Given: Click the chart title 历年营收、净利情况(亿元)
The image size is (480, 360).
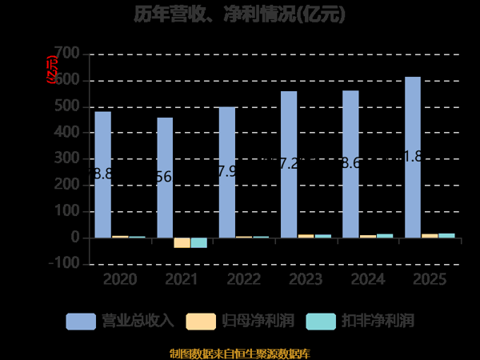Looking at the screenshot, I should point(240,14).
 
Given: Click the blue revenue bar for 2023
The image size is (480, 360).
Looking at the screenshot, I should point(289,164).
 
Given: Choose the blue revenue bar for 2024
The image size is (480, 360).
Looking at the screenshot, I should point(350,164).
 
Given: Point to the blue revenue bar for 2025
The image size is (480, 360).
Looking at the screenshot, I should point(413,157).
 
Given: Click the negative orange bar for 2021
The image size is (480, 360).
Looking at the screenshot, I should point(182,242).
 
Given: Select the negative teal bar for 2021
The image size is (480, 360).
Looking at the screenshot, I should point(198,242).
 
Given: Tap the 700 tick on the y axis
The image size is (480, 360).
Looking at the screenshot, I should point(67,54).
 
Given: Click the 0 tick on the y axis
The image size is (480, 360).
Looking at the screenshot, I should point(74,238).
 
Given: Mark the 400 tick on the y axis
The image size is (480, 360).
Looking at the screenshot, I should point(67,133).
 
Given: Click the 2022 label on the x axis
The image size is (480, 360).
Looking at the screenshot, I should point(242,280).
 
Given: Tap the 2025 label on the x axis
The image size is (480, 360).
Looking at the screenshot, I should point(429,280).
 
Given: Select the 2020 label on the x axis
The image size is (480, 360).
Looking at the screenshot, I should point(118,280).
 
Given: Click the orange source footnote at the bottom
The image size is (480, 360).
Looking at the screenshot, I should point(240,353).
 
